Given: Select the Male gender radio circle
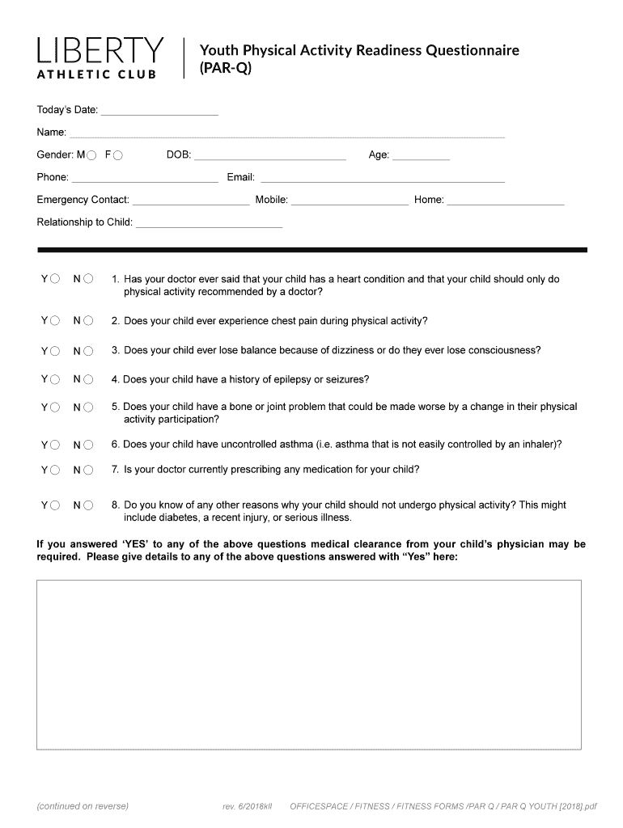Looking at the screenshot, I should click(91, 155).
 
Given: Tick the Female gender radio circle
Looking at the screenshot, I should click(118, 155).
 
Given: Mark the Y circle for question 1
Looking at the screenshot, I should click(55, 280).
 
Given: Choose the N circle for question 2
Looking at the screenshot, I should click(88, 322).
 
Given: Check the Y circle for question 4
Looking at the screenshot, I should click(55, 379).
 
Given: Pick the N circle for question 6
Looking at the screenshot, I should click(88, 445).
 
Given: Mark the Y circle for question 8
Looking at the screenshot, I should click(55, 505).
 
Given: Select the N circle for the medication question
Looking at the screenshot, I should click(88, 470).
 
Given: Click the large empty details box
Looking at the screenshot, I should click(308, 665).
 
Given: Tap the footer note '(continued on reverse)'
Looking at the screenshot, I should click(83, 806).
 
